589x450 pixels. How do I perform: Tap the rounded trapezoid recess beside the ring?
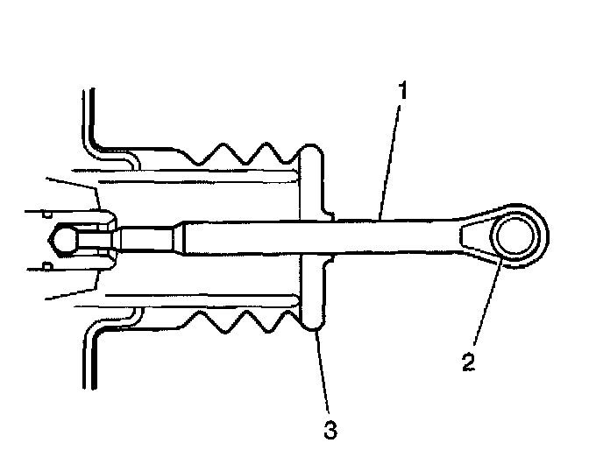[474, 236]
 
